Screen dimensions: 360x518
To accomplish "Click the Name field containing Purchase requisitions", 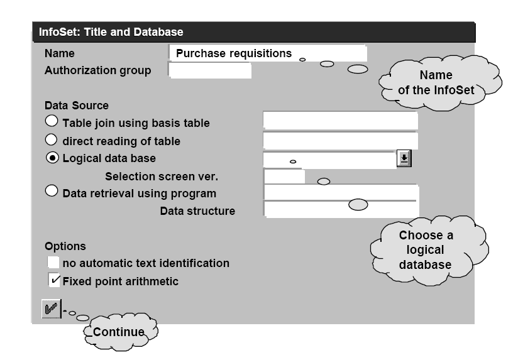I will [267, 53].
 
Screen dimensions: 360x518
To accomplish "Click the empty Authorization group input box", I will [210, 70].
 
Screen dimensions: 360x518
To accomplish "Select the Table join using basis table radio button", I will [52, 121].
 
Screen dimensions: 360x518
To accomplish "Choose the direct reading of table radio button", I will [52, 139].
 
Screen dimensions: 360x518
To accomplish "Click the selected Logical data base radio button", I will [52, 158].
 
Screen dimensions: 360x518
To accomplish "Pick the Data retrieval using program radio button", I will [52, 192].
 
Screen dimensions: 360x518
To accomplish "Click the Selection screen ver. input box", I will [284, 177].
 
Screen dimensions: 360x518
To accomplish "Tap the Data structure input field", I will [340, 210].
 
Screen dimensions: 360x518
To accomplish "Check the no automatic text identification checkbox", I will [54, 263].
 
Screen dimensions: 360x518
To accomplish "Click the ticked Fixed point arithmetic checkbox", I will [54, 280].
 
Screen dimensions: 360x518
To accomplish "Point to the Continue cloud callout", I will [119, 331].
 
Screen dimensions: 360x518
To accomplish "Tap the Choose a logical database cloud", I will [426, 249].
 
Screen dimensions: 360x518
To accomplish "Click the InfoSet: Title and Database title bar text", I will [111, 31].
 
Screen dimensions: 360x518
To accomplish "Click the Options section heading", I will [65, 246].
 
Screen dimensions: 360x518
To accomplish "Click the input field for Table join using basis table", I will [340, 121].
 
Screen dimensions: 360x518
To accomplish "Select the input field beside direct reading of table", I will [340, 140].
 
